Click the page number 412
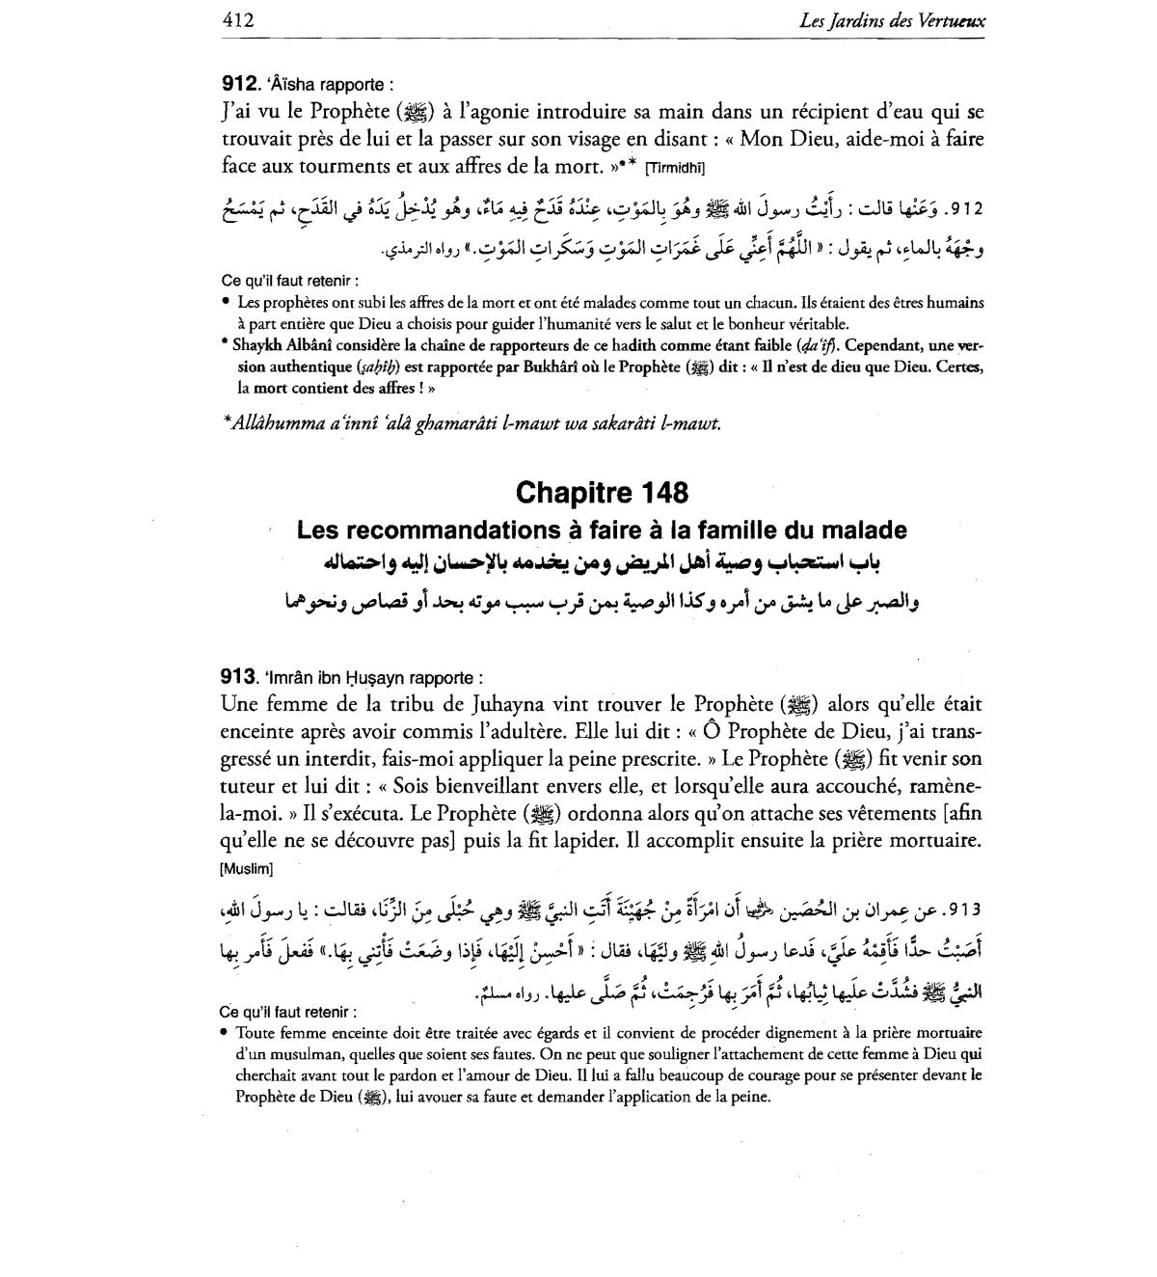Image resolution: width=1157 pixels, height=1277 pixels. click(237, 18)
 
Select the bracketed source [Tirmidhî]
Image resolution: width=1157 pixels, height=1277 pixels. click(675, 168)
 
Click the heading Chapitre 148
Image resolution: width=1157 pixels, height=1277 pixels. click(603, 493)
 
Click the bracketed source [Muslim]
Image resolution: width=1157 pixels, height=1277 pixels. click(246, 868)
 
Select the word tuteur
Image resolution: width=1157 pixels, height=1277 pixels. click(246, 786)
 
